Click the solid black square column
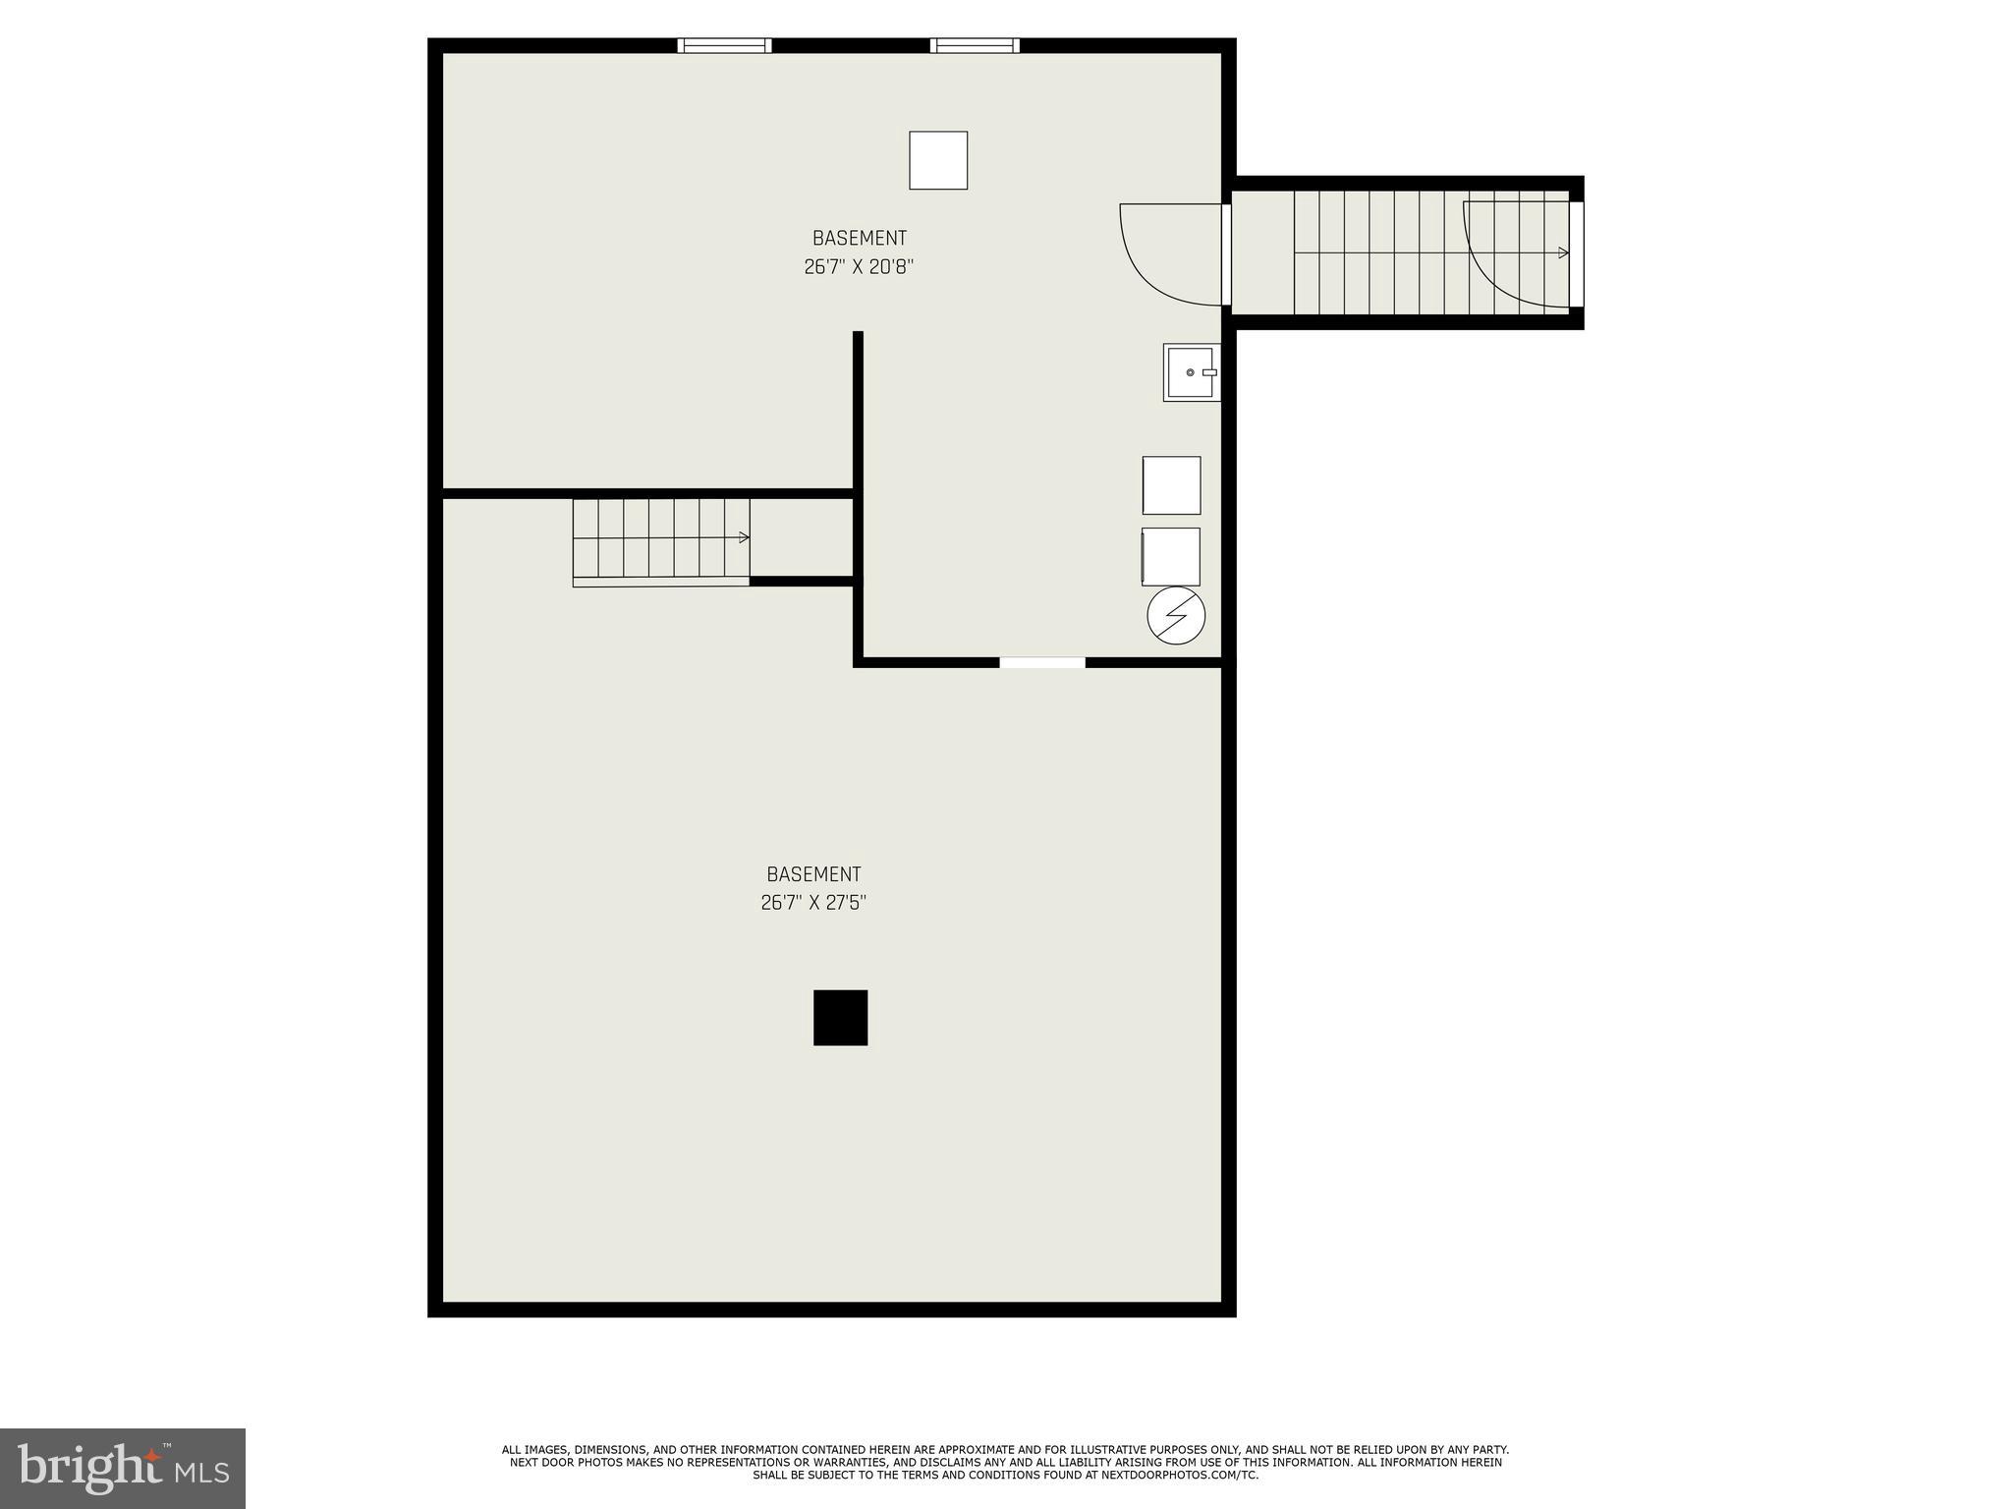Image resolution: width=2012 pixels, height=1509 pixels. pyautogui.click(x=840, y=1017)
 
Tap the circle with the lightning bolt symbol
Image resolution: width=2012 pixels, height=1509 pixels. pyautogui.click(x=1176, y=616)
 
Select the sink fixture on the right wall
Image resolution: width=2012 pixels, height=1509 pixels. pyautogui.click(x=1192, y=372)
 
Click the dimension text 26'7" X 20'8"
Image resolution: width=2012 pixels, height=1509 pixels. pyautogui.click(x=859, y=266)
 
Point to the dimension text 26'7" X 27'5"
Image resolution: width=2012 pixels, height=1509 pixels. pyautogui.click(x=813, y=902)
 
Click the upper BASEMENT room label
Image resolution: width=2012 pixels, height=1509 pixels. pyautogui.click(x=859, y=238)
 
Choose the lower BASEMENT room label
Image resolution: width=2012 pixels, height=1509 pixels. pyautogui.click(x=813, y=874)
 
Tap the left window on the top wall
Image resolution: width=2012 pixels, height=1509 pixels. pyautogui.click(x=724, y=45)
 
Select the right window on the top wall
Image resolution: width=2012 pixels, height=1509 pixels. pyautogui.click(x=975, y=45)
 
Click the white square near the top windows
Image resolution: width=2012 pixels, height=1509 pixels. pyautogui.click(x=938, y=160)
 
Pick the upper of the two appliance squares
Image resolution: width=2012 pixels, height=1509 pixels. pyautogui.click(x=1171, y=485)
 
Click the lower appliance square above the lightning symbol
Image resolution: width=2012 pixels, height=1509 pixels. pyautogui.click(x=1171, y=557)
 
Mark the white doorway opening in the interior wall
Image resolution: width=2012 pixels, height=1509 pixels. pyautogui.click(x=1042, y=663)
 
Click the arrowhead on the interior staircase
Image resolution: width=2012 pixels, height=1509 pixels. pyautogui.click(x=745, y=537)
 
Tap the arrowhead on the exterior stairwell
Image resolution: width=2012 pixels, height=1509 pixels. pyautogui.click(x=1563, y=253)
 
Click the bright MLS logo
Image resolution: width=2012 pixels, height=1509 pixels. pyautogui.click(x=123, y=1468)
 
